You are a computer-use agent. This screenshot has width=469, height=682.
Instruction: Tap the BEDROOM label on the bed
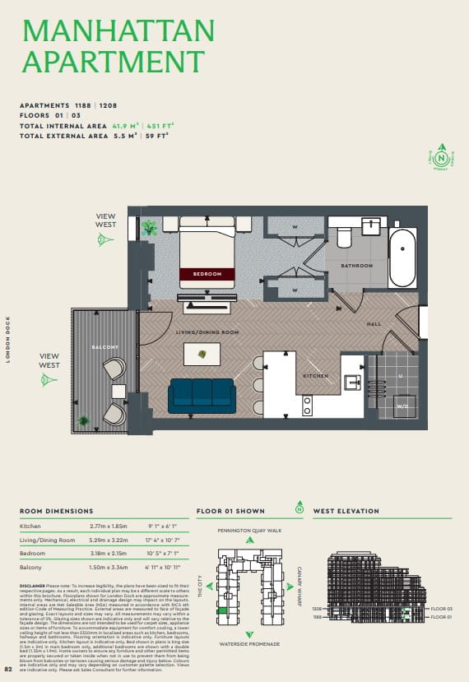point(207,274)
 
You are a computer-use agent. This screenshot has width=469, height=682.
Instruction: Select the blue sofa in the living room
point(202,396)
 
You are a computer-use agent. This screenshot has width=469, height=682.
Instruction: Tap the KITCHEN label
point(315,376)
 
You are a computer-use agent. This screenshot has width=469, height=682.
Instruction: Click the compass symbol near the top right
point(442,156)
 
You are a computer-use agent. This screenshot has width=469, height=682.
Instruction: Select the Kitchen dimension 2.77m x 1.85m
point(109,525)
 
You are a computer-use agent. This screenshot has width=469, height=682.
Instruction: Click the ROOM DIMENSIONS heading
point(56,511)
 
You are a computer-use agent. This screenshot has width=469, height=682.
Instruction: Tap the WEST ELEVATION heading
point(346,511)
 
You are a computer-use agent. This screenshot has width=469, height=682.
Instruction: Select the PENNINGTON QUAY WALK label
point(250,531)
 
